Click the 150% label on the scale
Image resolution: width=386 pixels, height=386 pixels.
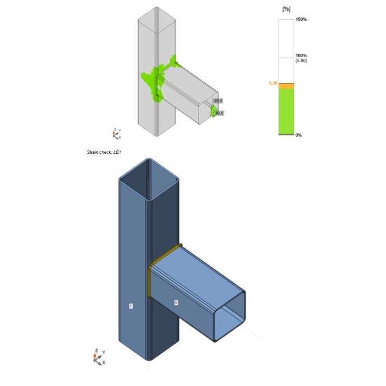tap(300, 20)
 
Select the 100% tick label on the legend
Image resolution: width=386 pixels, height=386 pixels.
tap(300, 55)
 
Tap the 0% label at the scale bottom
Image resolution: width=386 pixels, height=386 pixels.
tap(299, 135)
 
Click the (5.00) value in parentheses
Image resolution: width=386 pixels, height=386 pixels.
tap(301, 60)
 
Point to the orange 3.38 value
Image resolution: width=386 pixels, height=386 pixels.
tap(273, 83)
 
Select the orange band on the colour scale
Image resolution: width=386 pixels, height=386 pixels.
tap(286, 85)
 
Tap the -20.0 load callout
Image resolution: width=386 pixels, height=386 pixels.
tap(218, 101)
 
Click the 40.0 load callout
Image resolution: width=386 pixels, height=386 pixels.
tap(219, 113)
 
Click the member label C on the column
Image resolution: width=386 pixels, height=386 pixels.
tap(130, 306)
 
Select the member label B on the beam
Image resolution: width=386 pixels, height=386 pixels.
tap(176, 303)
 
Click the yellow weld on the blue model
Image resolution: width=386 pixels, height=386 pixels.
tap(150, 280)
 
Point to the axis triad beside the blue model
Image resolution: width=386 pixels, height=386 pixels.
tap(97, 356)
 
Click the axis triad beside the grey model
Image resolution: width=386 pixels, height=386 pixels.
tap(116, 133)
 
